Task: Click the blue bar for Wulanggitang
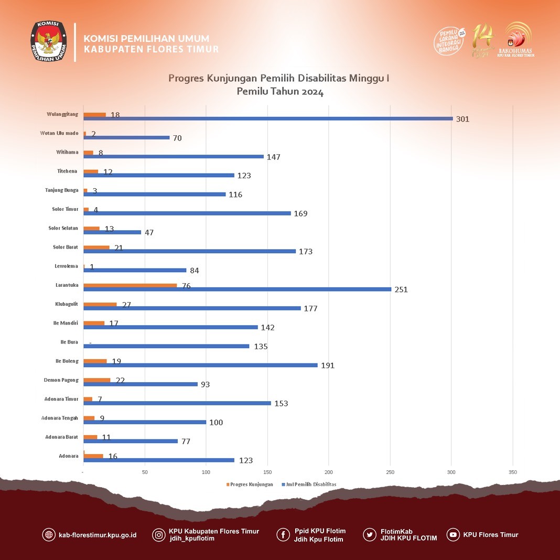pos(268,119)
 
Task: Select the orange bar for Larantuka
pos(130,285)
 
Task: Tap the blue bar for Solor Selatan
pos(112,232)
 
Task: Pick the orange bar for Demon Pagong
pos(97,380)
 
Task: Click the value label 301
pos(462,119)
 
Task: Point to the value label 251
pos(401,289)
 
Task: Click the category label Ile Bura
pos(69,342)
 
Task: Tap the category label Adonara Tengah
pos(60,418)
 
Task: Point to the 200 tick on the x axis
pos(329,472)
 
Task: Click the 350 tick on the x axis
pos(512,472)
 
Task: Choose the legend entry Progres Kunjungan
pos(251,484)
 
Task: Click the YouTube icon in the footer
pos(453,535)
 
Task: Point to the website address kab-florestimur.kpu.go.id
pos(98,535)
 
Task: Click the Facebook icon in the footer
pos(283,535)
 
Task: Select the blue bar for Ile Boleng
pos(200,365)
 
